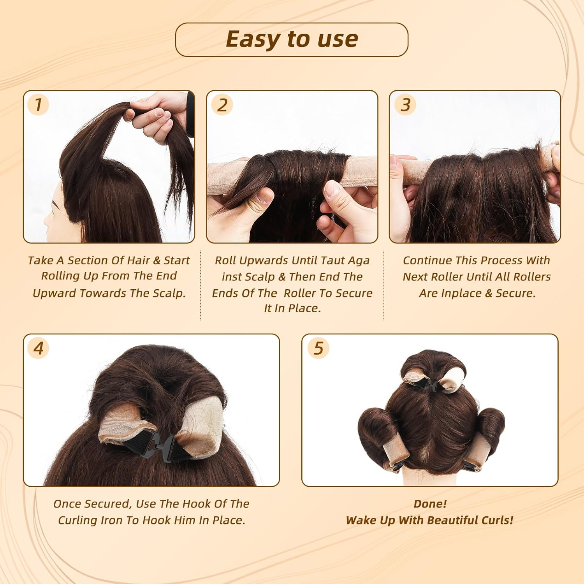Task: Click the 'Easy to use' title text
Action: tap(292, 39)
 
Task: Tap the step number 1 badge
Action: tap(38, 105)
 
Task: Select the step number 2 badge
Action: tap(222, 105)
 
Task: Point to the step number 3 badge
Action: tap(405, 105)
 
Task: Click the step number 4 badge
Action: tap(38, 348)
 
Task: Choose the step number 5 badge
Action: tap(318, 348)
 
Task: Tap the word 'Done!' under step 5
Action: tap(430, 504)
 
